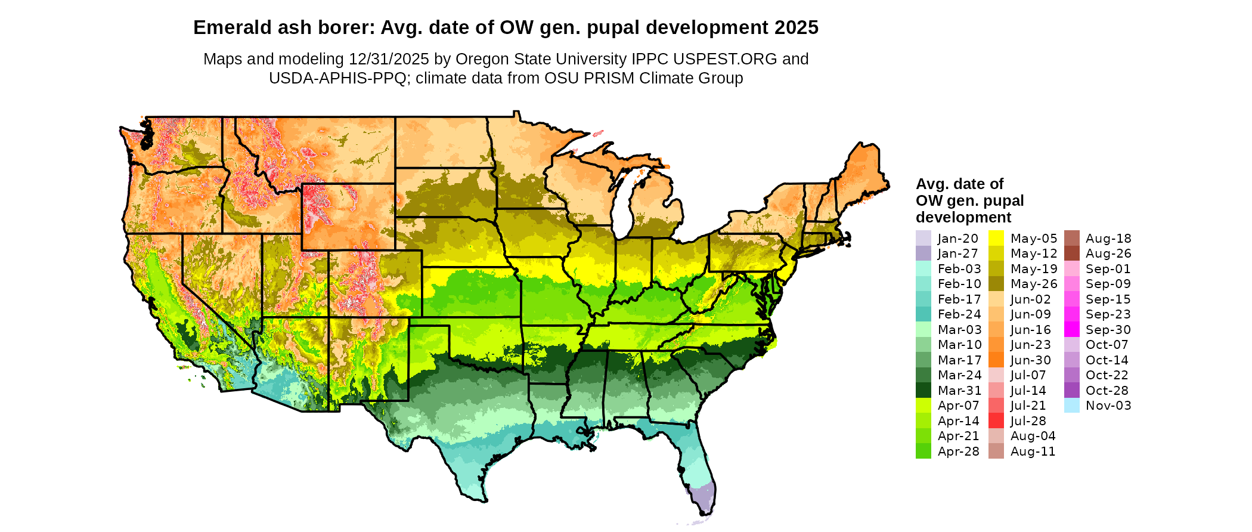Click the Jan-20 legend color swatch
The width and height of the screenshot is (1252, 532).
[923, 238]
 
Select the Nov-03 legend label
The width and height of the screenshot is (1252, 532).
[1108, 406]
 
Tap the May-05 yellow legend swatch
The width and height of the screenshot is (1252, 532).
[996, 238]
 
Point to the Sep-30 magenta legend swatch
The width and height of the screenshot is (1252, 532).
[1071, 329]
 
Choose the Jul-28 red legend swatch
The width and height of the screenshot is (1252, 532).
[996, 420]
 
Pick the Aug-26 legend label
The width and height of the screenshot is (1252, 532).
[1108, 253]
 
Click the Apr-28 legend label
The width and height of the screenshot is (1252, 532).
[958, 451]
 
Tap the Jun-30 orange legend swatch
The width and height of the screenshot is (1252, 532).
[996, 360]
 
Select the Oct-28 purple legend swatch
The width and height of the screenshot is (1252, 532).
[1071, 390]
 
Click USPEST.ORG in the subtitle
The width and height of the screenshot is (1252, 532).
[725, 59]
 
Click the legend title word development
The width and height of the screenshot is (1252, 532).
[963, 217]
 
